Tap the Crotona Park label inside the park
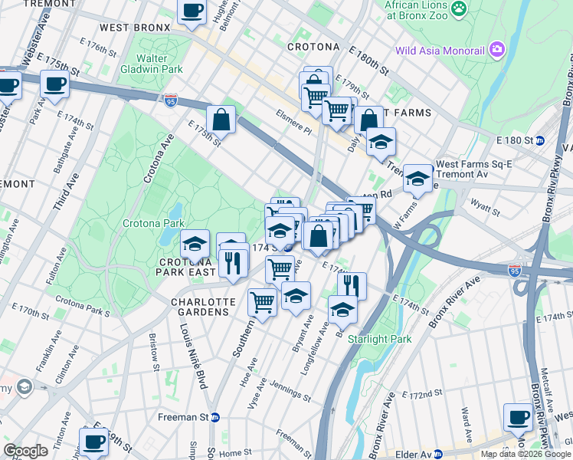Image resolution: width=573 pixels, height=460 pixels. (153, 223)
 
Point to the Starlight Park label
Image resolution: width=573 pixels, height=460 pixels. (379, 339)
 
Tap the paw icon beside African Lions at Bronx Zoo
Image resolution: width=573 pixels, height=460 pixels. (459, 9)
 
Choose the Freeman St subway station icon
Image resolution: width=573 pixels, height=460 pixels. (215, 418)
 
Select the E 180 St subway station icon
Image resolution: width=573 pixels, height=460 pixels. (539, 141)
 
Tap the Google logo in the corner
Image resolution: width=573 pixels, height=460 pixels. (25, 451)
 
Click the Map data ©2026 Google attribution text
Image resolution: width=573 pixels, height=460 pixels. (526, 454)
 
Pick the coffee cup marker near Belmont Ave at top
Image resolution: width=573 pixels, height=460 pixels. (192, 11)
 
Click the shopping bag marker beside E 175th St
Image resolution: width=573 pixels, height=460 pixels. (221, 119)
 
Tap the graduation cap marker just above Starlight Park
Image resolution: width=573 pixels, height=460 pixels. (342, 309)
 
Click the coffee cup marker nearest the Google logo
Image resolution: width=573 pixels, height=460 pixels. (94, 442)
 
